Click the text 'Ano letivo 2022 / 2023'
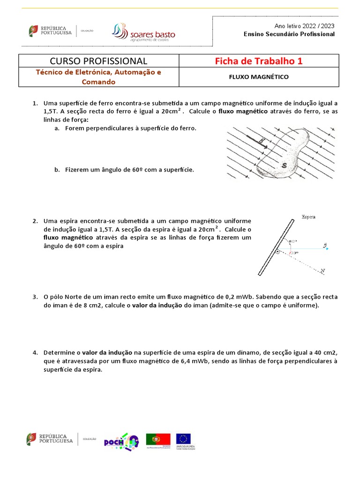(x=304, y=26)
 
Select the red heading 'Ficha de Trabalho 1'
(x=259, y=61)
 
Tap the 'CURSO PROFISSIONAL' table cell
(x=98, y=61)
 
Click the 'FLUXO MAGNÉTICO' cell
(x=259, y=77)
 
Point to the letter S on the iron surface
(x=284, y=165)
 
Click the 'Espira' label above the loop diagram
(x=308, y=217)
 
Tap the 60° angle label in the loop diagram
(x=293, y=242)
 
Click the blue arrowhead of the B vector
(x=327, y=248)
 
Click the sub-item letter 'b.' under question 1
(x=56, y=170)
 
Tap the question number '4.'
(x=35, y=352)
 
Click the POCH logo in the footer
(x=121, y=441)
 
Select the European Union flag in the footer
(x=183, y=439)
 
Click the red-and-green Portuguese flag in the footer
(x=158, y=439)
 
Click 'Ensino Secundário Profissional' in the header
(x=289, y=34)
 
